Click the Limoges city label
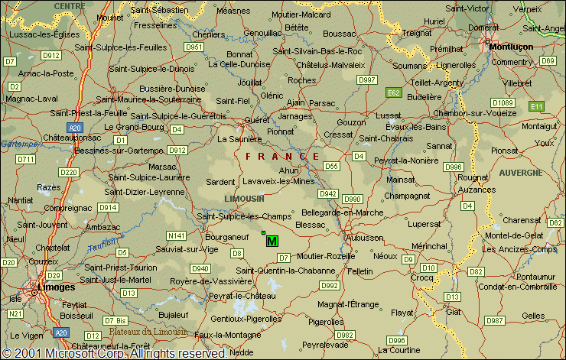pos(60,287)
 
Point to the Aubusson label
pos(366,238)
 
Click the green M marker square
pos(272,241)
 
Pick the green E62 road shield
pos(392,92)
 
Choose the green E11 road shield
pos(537,106)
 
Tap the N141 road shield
pos(177,235)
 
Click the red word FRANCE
pos(282,156)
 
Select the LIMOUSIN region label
pos(243,198)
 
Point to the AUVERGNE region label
pos(522,173)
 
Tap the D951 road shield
pos(195,47)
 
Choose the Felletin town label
pos(359,271)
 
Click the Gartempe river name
pos(20,143)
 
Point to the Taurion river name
pos(104,246)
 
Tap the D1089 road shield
pos(503,102)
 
